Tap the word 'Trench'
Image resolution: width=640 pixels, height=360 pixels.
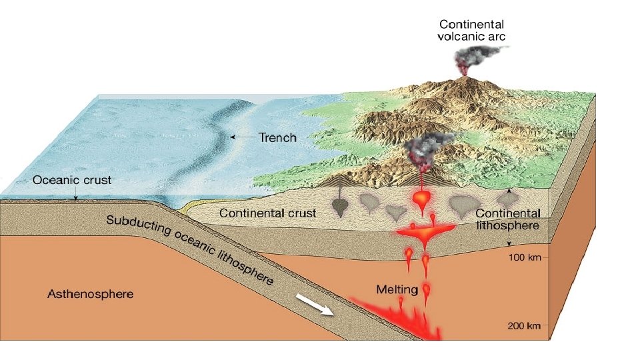(277, 137)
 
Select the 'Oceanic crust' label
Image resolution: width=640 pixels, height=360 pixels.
(73, 180)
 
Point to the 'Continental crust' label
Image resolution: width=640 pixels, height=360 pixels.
(268, 213)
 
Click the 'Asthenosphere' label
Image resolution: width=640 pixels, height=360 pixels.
(90, 293)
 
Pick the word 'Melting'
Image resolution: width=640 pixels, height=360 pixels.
(397, 289)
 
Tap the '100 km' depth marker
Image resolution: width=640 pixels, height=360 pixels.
(523, 257)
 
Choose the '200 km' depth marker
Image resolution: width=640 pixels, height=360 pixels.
(523, 325)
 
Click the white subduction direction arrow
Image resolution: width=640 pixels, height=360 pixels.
(313, 307)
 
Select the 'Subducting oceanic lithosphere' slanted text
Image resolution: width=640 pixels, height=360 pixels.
(190, 249)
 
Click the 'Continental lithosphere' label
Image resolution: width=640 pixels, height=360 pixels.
(508, 219)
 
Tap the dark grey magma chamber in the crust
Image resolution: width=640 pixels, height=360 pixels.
(339, 206)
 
